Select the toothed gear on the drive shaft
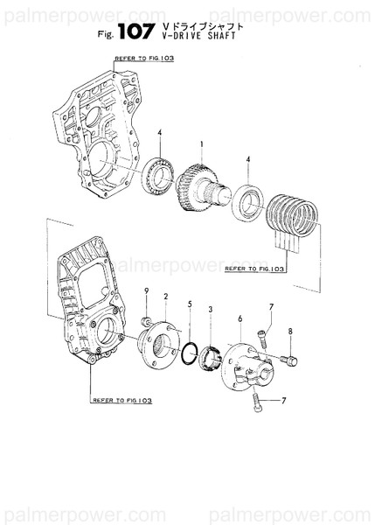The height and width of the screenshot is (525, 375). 194,185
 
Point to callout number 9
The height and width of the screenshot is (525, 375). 147,290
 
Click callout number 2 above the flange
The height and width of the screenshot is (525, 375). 165,298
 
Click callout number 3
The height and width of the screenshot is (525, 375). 210,311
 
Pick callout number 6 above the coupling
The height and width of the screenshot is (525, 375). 239,320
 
